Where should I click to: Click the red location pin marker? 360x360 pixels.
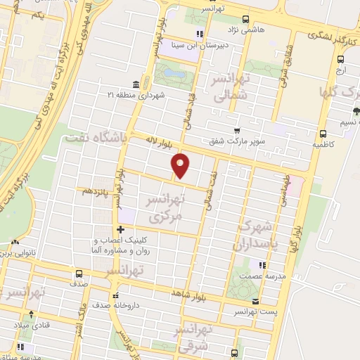coord(181,165)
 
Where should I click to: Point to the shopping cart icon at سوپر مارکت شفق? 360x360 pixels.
coord(238,130)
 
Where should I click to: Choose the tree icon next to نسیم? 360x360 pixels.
coord(356,110)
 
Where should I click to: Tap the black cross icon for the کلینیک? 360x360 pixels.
coord(121,229)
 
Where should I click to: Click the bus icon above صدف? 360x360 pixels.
coord(79,274)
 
